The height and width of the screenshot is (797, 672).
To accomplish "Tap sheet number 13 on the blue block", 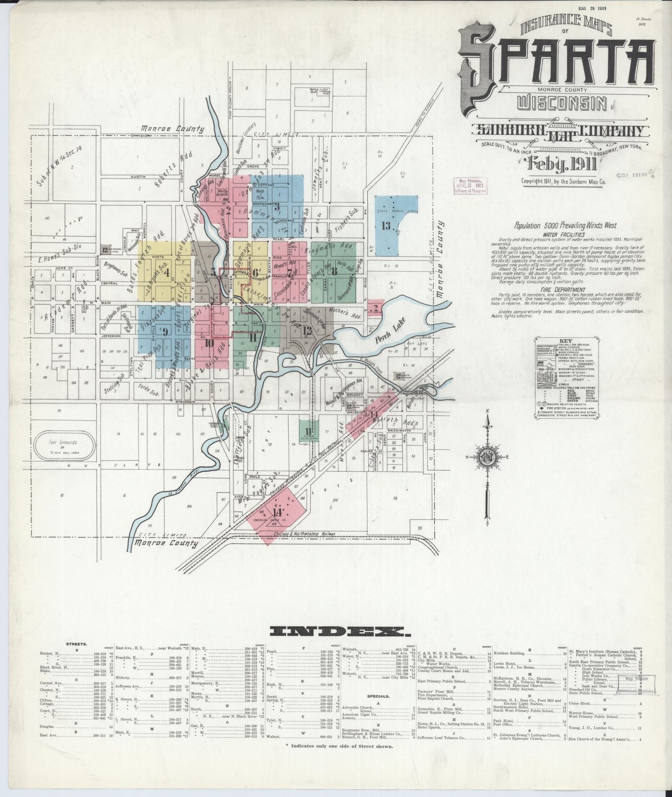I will click(x=386, y=226).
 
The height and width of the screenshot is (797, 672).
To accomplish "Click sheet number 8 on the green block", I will click(x=334, y=272).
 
